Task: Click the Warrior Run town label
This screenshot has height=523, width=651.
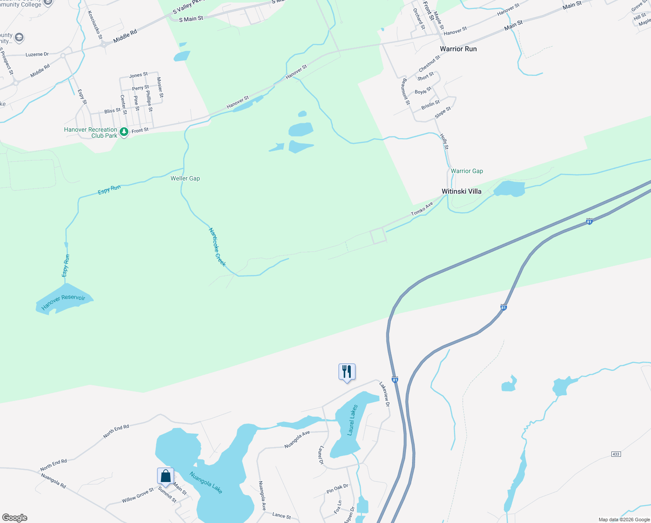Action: click(x=458, y=49)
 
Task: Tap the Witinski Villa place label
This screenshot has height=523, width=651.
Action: click(x=461, y=191)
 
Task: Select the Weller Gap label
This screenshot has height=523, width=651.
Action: click(x=185, y=178)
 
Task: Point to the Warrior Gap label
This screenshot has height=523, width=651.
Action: click(x=467, y=171)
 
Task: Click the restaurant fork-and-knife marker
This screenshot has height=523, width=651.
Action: click(x=347, y=372)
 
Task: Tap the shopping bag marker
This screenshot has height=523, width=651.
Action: click(x=165, y=476)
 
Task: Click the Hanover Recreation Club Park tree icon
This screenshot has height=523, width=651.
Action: click(x=124, y=131)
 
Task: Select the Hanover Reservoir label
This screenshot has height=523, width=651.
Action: click(x=64, y=303)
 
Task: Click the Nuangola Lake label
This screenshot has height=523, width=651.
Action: click(x=206, y=482)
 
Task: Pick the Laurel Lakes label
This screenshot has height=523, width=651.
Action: click(x=352, y=420)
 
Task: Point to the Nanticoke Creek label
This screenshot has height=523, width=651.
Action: click(x=217, y=247)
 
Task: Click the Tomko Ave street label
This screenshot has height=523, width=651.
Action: click(x=422, y=209)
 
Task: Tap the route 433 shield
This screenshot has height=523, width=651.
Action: click(x=616, y=454)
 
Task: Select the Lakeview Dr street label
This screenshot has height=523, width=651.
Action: click(x=384, y=394)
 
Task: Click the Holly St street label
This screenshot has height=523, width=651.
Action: click(x=444, y=142)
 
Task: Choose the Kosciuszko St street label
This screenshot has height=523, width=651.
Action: click(x=94, y=25)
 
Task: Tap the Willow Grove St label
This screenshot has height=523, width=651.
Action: click(x=138, y=495)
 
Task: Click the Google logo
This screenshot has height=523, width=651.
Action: click(x=15, y=518)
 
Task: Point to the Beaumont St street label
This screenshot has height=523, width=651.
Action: click(x=406, y=92)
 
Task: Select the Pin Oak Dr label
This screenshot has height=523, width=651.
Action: click(x=337, y=489)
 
